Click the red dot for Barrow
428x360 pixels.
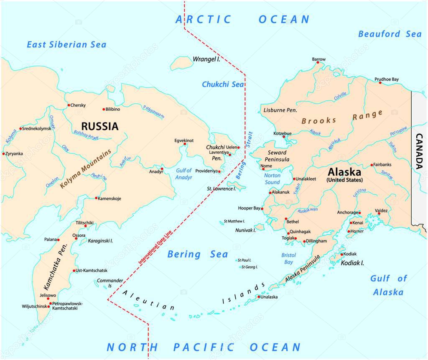[319, 64]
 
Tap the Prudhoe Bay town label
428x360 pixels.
[387, 79]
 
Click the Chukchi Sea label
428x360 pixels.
[223, 84]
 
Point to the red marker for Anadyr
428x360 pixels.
[162, 169]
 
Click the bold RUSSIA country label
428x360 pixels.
[99, 126]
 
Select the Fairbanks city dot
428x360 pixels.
[372, 165]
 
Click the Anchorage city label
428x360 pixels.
[347, 212]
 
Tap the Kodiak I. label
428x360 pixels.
[352, 263]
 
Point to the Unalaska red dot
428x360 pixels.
[259, 297]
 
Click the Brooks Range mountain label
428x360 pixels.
[342, 117]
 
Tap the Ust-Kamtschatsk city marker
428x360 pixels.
[74, 271]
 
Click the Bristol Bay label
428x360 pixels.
[288, 258]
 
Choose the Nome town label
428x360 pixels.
[266, 166]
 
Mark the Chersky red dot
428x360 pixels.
[69, 105]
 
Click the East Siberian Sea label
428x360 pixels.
[66, 44]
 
